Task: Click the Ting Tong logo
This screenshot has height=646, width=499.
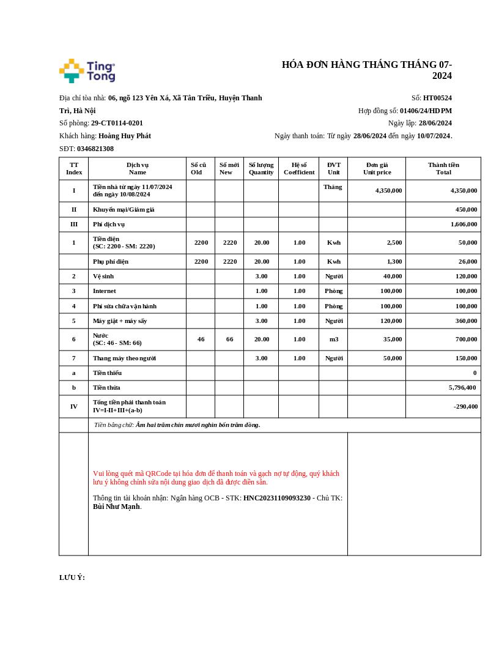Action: click(87, 71)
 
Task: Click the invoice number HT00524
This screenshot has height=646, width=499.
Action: click(437, 98)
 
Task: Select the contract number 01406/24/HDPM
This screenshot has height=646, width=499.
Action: click(426, 111)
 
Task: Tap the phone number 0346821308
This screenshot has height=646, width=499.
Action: click(95, 149)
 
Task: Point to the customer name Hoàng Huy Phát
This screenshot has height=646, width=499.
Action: click(125, 136)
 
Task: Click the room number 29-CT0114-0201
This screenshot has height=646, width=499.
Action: click(117, 123)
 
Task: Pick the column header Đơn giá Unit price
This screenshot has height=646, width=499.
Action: click(377, 168)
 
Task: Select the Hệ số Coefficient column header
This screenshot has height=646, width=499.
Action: click(299, 168)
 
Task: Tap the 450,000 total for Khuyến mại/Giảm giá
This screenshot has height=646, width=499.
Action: click(466, 209)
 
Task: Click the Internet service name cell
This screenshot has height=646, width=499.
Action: click(105, 291)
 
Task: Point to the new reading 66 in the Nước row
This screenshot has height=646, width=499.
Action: click(229, 339)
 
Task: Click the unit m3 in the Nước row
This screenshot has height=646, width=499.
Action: click(334, 339)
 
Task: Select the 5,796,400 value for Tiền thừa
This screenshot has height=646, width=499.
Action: click(462, 387)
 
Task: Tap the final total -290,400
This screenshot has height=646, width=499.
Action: click(466, 406)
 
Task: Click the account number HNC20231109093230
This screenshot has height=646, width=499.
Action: click(277, 498)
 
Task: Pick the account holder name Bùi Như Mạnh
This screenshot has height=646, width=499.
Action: click(116, 507)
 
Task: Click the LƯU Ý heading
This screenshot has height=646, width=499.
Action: click(72, 577)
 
